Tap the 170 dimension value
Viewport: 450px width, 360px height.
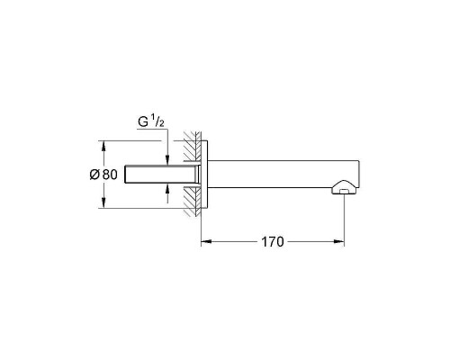(273, 241)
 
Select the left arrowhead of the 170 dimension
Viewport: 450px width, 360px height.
(203, 241)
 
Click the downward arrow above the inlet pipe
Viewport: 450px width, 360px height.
(168, 159)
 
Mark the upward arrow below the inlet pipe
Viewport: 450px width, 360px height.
(168, 188)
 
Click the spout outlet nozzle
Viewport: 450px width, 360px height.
(344, 188)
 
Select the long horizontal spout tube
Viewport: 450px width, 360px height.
(279, 174)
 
